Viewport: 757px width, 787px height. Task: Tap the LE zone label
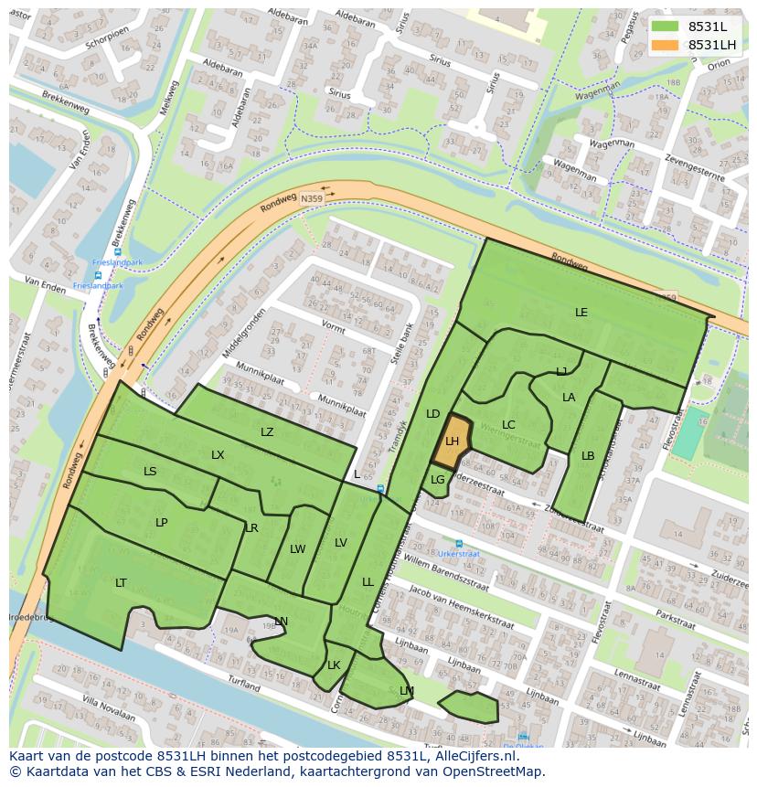[581, 313]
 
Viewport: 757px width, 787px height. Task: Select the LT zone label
[121, 582]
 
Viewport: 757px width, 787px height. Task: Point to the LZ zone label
[267, 432]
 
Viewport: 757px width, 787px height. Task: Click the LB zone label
[588, 456]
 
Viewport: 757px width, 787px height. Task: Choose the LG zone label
[438, 480]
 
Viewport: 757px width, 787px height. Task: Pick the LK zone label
[334, 665]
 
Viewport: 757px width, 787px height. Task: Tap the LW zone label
[297, 549]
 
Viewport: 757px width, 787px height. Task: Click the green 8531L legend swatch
[666, 27]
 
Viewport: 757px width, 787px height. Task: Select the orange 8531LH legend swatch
[666, 45]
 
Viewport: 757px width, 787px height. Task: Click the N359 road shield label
[312, 197]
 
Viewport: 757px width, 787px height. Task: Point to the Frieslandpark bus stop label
[97, 285]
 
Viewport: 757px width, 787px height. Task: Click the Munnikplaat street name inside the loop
[341, 402]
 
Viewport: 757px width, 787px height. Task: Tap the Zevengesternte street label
[696, 168]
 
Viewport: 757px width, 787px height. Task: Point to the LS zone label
[150, 472]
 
